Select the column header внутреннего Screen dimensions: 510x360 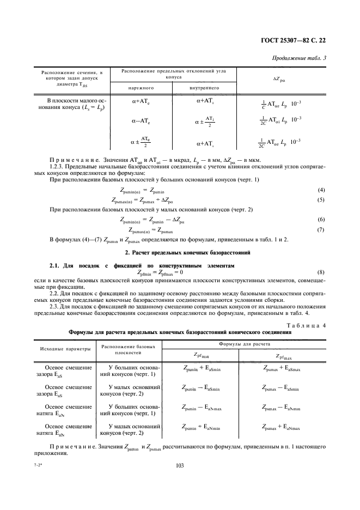point(204,87)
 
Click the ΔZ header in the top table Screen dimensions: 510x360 point(280,79)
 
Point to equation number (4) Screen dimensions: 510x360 point(321,190)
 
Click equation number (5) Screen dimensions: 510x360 point(321,199)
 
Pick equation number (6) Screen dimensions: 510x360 point(321,220)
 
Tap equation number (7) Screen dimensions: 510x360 point(321,229)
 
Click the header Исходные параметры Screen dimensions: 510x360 point(64,348)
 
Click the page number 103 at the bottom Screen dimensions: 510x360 point(180,465)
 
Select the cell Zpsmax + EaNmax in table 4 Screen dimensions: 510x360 point(280,427)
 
